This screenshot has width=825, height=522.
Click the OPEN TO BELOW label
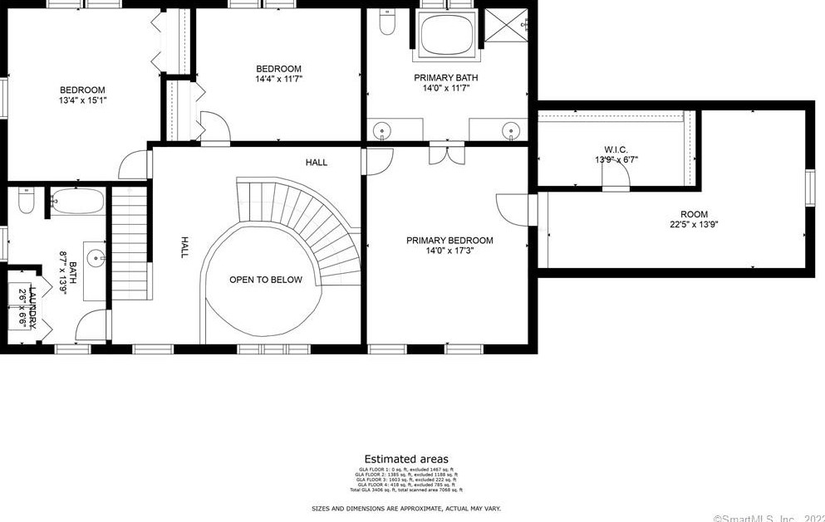266,280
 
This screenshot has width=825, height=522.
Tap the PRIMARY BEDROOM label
449,241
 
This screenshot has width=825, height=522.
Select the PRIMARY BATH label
446,78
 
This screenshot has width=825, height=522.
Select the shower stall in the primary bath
506,26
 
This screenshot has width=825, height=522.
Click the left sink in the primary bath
382,130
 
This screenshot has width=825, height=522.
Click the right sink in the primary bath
512,130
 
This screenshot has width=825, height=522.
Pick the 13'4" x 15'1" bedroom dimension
82,100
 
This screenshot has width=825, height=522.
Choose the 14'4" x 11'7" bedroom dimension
278,79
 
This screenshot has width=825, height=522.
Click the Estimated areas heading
406,459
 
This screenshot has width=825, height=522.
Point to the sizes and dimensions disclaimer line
406,508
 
